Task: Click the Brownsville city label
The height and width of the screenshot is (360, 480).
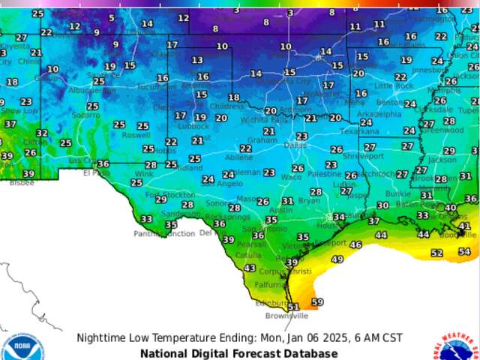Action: coord(286,316)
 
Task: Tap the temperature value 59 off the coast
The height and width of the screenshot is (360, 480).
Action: coord(317,302)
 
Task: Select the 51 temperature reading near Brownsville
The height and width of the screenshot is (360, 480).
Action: coord(293,307)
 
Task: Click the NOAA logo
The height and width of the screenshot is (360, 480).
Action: coord(18,347)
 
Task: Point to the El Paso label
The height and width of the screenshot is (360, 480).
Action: coord(96,172)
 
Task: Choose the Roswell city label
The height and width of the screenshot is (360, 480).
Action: coord(136,136)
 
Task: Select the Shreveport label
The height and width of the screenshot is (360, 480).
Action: coord(358,156)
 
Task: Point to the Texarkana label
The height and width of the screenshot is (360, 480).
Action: coord(359,131)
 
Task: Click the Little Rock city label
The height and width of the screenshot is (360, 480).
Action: coord(394,86)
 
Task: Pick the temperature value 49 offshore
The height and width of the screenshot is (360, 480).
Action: coord(337,259)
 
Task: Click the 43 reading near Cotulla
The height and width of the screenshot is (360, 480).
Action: coord(250,268)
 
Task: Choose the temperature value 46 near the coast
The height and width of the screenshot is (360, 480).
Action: coord(355,245)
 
